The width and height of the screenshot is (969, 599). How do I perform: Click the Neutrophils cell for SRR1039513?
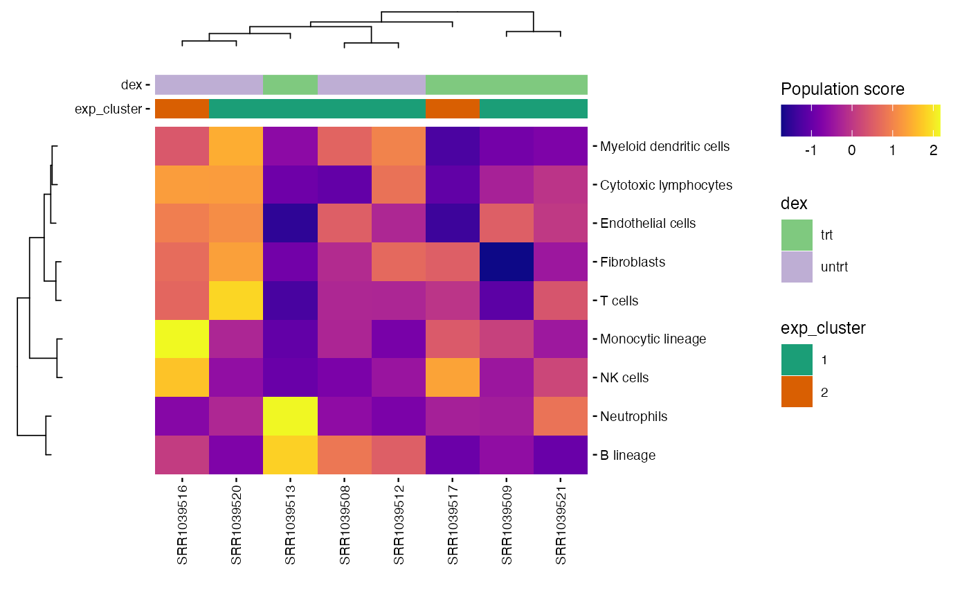point(290,416)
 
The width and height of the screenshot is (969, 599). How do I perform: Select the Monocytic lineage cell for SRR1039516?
point(182,339)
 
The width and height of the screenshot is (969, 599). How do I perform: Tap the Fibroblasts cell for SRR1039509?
point(506,262)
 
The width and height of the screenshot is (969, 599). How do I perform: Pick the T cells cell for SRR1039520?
point(236,301)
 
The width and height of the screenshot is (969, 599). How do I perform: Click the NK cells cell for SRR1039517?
point(452,377)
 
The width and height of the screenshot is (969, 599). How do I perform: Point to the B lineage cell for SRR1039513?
point(290,455)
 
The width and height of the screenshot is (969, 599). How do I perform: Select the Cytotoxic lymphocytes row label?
point(666,186)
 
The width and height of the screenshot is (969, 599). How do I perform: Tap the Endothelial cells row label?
point(648,224)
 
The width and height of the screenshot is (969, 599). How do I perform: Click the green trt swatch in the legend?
point(797,235)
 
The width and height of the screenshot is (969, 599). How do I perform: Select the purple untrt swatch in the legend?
point(797,267)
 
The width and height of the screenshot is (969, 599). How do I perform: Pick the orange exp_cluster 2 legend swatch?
point(797,392)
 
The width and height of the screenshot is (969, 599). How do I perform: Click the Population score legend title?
point(842,89)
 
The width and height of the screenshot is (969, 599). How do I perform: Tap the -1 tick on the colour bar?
point(810,150)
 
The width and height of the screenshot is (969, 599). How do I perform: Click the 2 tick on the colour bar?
point(933,150)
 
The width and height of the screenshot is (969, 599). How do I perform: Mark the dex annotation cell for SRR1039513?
point(290,84)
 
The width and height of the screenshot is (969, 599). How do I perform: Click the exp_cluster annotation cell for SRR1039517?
point(452,109)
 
